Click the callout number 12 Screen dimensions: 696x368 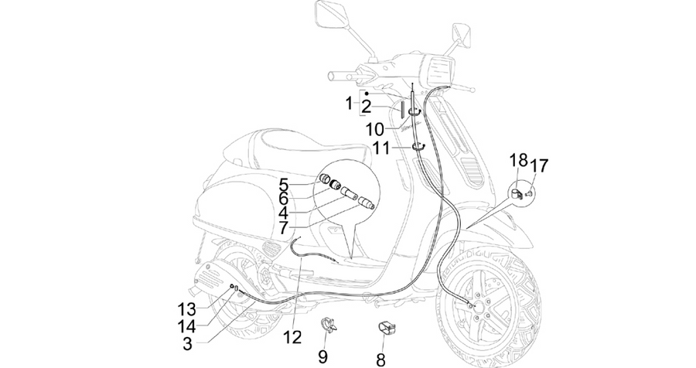click(x=292, y=337)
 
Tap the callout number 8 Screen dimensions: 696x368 click(x=380, y=359)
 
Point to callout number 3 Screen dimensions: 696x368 click(x=187, y=343)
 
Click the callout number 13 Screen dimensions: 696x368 click(x=187, y=308)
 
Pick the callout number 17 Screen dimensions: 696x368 click(x=539, y=165)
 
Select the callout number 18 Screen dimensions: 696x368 click(x=518, y=160)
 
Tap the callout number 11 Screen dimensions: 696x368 click(x=381, y=148)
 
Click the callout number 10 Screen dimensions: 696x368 click(x=375, y=130)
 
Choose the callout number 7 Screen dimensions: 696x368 click(x=283, y=228)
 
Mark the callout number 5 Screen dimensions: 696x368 click(x=284, y=183)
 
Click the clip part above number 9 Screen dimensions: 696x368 click(x=329, y=325)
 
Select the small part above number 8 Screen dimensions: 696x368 click(x=386, y=329)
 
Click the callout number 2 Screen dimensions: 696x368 click(x=366, y=107)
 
